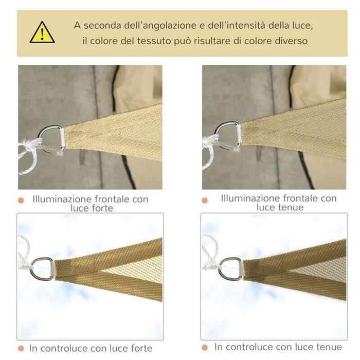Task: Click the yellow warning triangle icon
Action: (x=42, y=33)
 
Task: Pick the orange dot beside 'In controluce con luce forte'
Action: (x=21, y=348)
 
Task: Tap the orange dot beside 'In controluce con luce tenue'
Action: (x=205, y=348)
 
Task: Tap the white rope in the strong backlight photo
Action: (x=24, y=257)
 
